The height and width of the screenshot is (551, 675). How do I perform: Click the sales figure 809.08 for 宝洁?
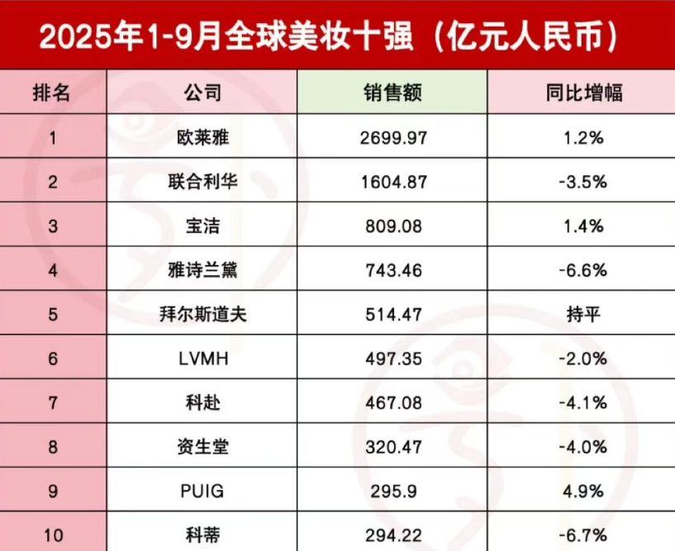coord(392,226)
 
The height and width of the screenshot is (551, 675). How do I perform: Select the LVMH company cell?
coord(202,359)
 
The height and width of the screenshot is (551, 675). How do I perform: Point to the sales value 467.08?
coord(392,402)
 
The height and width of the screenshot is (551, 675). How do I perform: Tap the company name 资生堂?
coord(202,447)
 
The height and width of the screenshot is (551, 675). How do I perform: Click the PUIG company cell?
coord(202,491)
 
